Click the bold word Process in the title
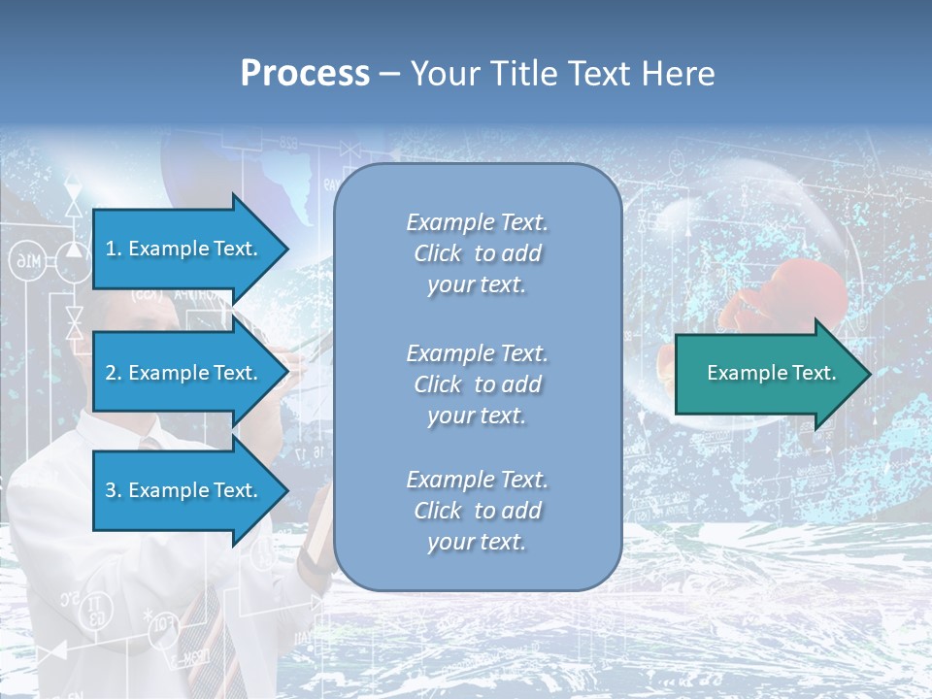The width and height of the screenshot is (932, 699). coord(305,74)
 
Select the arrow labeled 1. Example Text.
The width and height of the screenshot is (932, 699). coord(184,249)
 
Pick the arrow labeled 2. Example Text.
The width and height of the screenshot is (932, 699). coord(184,373)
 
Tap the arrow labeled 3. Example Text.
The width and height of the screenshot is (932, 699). coord(184,490)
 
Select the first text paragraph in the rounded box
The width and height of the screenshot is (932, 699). coord(477,253)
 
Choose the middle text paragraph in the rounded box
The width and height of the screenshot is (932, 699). coord(477,384)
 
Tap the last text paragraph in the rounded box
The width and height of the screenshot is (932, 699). coord(477,511)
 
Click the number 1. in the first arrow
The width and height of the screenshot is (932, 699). coord(113,250)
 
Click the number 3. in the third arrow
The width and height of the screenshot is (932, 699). coord(113,491)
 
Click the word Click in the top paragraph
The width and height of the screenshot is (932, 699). coord(438,254)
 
